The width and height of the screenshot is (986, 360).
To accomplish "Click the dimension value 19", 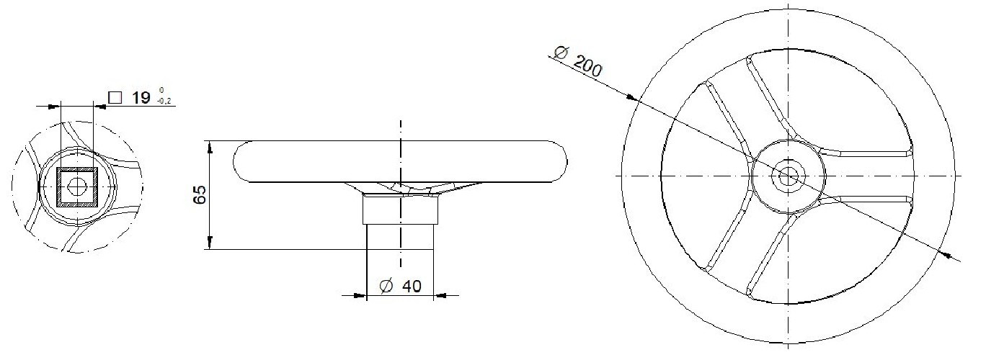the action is click(x=141, y=97).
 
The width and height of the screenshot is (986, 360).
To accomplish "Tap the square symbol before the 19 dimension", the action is click(x=115, y=97).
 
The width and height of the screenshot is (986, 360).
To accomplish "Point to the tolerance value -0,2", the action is click(x=164, y=102).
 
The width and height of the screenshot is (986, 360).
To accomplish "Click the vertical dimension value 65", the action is click(x=200, y=194).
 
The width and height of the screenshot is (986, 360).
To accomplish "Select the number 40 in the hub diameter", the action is click(x=412, y=286).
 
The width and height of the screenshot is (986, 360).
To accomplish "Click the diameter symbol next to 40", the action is click(x=386, y=286).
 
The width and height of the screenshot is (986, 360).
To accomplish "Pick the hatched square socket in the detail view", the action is click(x=77, y=186).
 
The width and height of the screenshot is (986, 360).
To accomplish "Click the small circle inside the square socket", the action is click(x=77, y=187).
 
